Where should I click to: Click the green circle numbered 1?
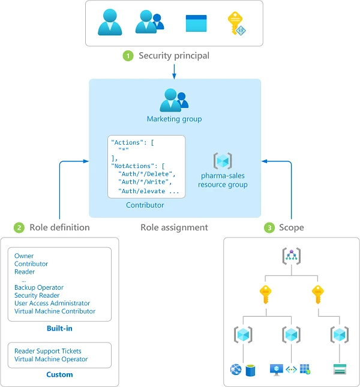(128, 56)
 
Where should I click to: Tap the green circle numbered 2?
(19, 227)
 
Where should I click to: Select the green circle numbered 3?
(270, 227)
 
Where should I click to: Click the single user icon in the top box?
(110, 23)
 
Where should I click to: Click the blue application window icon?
(196, 23)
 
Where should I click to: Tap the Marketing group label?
(174, 119)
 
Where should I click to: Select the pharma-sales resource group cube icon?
(223, 161)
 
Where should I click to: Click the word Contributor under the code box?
(145, 205)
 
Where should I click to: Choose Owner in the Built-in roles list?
(24, 256)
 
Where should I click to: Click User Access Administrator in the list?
(52, 304)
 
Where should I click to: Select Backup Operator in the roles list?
(39, 287)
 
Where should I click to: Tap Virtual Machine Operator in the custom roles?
(51, 359)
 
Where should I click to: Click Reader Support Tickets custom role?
(48, 351)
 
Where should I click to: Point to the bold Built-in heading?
(60, 328)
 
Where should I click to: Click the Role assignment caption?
(174, 227)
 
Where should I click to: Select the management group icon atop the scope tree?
(291, 256)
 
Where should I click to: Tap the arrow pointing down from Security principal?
(174, 71)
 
